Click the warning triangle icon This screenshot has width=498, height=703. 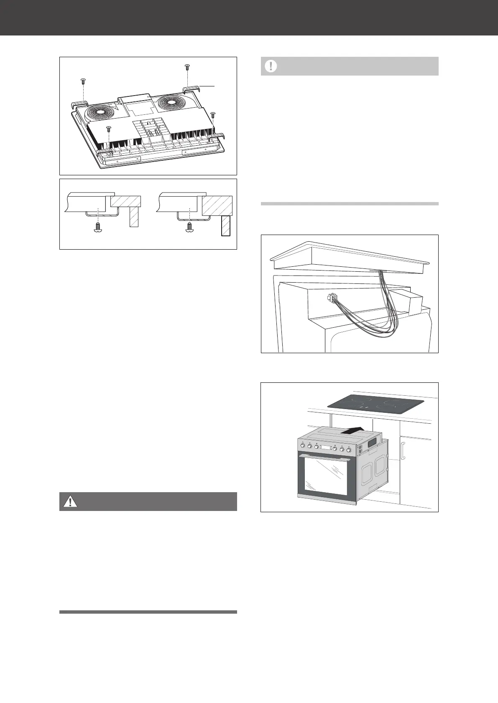point(70,501)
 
